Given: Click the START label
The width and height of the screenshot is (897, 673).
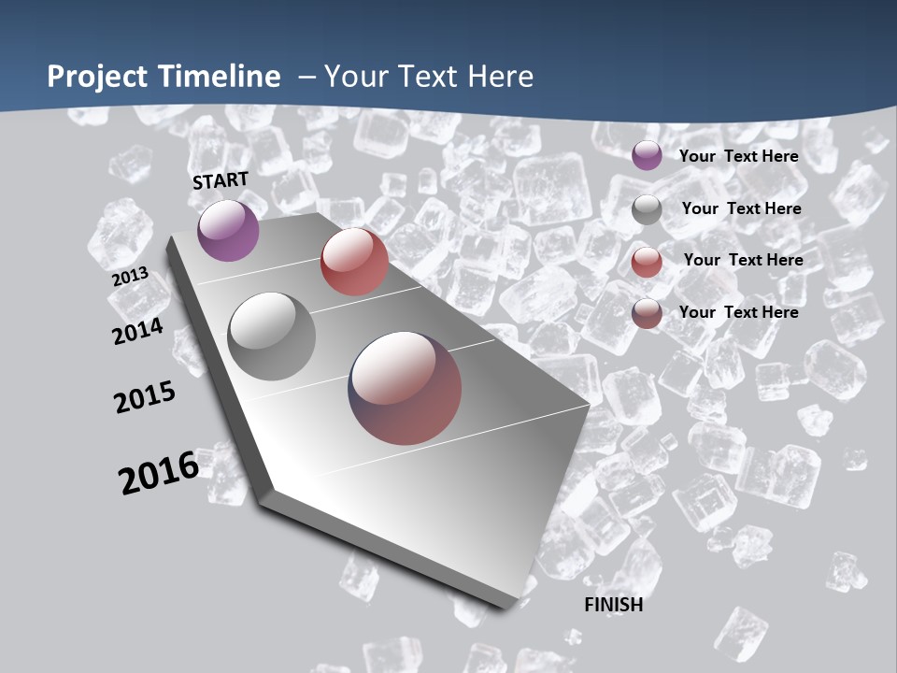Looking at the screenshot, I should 221,180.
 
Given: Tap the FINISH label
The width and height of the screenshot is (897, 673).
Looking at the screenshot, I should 613,605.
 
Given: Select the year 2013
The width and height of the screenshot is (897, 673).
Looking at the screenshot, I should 130,277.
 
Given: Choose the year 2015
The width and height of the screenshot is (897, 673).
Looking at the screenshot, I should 145,397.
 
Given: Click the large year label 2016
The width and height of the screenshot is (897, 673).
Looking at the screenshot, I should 159,473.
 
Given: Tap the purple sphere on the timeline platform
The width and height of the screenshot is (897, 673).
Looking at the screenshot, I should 228,230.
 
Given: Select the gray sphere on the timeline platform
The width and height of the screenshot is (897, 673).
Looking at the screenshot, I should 272,336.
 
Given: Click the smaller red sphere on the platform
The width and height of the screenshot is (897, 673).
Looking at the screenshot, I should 354,262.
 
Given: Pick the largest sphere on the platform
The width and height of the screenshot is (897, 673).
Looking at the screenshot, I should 405,388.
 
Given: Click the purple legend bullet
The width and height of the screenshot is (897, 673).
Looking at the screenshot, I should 647,155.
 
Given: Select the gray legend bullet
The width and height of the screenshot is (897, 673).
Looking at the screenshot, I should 647,209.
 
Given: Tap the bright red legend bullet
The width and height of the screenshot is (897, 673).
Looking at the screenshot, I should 647,262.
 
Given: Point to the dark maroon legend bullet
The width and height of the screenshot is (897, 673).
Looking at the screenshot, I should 647,313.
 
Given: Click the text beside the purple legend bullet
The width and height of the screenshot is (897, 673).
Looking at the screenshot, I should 738,156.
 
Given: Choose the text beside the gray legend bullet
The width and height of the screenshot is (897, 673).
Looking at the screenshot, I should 741,208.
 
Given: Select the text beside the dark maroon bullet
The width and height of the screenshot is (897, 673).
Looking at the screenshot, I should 738,312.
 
